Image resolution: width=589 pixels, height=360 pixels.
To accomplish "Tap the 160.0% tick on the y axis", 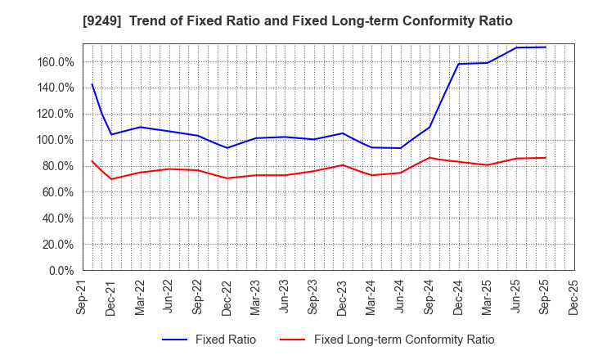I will [55, 61].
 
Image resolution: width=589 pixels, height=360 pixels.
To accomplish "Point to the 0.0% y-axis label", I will [61, 270].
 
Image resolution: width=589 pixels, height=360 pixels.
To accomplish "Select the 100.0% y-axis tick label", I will [55, 140].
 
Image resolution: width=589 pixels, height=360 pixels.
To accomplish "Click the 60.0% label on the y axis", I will [57, 192].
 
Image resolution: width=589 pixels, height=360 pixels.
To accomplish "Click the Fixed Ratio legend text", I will [225, 340].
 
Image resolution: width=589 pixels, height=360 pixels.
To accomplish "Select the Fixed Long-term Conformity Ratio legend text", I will [404, 340].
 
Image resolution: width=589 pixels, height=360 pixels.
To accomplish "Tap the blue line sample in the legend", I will [178, 340].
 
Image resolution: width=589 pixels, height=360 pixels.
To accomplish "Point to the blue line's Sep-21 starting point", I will [92, 84].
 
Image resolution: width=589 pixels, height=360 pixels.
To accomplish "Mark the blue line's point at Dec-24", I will [458, 64].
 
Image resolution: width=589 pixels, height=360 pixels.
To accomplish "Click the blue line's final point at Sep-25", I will [545, 47].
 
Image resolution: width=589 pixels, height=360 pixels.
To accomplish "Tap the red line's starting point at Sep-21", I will [92, 160].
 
